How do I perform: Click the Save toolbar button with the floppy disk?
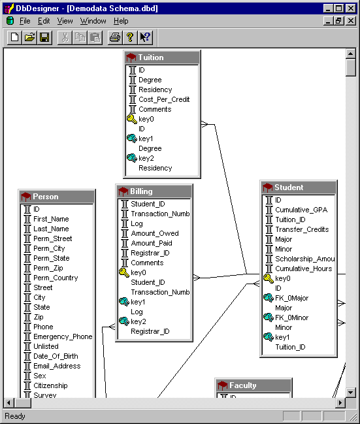[x=44, y=37]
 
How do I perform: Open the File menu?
[x=25, y=21]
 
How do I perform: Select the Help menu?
[x=121, y=21]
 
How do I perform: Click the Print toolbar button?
[x=115, y=37]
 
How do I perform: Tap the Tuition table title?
[x=151, y=57]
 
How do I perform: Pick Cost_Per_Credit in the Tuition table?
[x=164, y=99]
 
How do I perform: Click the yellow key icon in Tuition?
[x=132, y=119]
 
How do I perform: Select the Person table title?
[x=46, y=197]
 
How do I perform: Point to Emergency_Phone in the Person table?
[x=63, y=336]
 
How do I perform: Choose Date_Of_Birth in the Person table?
[x=56, y=356]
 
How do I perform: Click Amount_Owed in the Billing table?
[x=155, y=233]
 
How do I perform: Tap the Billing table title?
[x=142, y=191]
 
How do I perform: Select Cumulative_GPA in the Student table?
[x=301, y=210]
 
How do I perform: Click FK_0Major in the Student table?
[x=291, y=298]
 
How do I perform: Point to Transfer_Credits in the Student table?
[x=302, y=229]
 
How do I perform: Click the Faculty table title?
[x=242, y=385]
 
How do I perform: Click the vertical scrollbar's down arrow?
[x=351, y=392]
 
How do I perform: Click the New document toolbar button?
[x=14, y=37]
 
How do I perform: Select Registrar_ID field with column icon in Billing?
[x=150, y=253]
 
